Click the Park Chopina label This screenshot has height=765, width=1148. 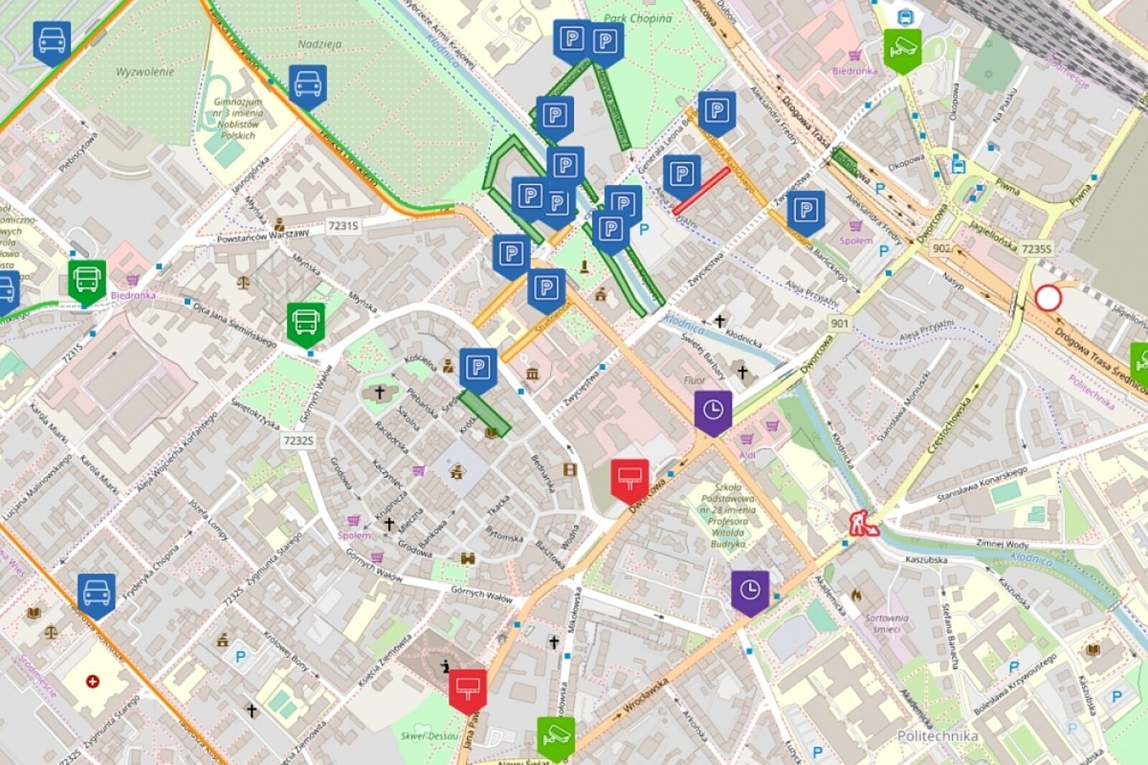[x=637, y=19]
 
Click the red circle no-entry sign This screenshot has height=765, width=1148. [x=1048, y=298]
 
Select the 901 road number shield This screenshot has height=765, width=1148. [x=839, y=323]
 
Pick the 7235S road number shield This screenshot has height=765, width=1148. [x=1036, y=249]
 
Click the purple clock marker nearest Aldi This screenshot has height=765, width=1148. [x=712, y=411]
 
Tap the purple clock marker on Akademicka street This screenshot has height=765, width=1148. [x=750, y=591]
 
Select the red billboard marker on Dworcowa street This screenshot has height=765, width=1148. [x=629, y=479]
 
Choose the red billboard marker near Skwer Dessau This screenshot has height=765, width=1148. [x=468, y=690]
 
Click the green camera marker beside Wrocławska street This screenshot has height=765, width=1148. [x=556, y=736]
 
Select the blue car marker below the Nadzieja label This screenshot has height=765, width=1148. [x=308, y=85]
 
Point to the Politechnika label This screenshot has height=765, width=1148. [x=937, y=736]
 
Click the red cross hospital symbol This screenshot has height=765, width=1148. [x=93, y=681]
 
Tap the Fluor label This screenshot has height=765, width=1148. [x=695, y=380]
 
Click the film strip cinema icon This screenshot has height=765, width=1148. [x=570, y=470]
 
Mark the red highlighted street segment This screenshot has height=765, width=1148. [x=701, y=191]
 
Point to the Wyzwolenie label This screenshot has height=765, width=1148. [x=145, y=72]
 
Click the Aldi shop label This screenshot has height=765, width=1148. [x=747, y=456]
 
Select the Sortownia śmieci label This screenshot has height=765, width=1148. [x=887, y=623]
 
